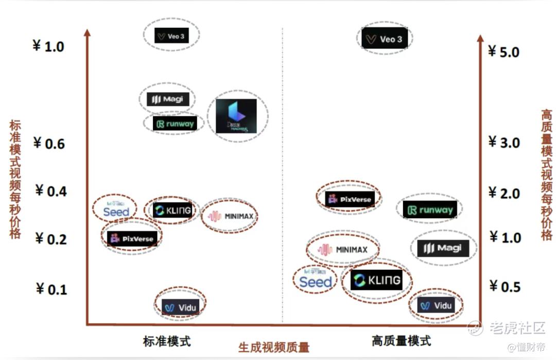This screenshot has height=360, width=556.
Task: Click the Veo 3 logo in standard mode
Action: pyautogui.click(x=172, y=36)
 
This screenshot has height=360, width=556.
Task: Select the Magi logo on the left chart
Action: pyautogui.click(x=165, y=99)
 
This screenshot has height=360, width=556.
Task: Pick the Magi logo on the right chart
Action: pyautogui.click(x=443, y=248)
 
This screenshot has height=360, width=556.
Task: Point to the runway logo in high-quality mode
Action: pyautogui.click(x=429, y=210)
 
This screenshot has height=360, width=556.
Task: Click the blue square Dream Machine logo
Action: pyautogui.click(x=236, y=116)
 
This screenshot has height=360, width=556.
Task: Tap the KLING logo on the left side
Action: pyautogui.click(x=172, y=210)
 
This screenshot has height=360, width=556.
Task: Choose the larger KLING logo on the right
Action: pyautogui.click(x=376, y=280)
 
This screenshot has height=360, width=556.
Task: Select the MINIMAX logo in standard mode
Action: pyautogui.click(x=231, y=216)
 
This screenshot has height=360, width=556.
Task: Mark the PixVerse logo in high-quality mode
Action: pyautogui.click(x=350, y=199)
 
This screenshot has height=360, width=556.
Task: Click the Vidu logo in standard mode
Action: pyautogui.click(x=180, y=307)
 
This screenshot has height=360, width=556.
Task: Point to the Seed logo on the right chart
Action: pyautogui.click(x=315, y=280)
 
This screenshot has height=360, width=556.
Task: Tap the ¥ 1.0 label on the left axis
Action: pyautogui.click(x=48, y=46)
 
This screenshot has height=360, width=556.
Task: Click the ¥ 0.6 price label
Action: pyautogui.click(x=49, y=143)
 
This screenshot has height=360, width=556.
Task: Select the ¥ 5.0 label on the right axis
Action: pyautogui.click(x=504, y=52)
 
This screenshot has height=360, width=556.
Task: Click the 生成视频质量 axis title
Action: pyautogui.click(x=274, y=347)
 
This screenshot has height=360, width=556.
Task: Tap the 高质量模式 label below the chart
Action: pyautogui.click(x=401, y=340)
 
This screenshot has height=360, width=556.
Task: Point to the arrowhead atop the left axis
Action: pyautogui.click(x=87, y=33)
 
